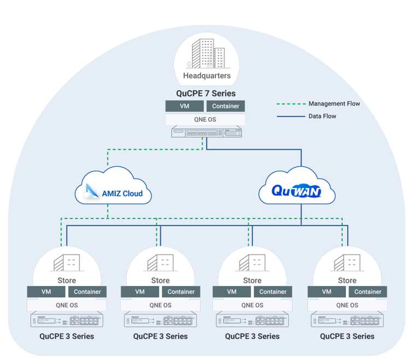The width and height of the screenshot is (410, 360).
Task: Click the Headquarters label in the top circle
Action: point(207,76)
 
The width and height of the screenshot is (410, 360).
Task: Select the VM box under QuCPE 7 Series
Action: point(185,106)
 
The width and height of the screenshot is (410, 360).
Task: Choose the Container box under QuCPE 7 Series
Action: point(226,106)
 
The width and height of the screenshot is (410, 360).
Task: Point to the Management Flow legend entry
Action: point(334,104)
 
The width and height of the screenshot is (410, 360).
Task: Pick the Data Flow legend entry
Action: point(323,116)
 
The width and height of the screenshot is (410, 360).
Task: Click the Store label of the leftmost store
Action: point(67,280)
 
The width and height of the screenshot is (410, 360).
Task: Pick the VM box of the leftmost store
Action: point(46,292)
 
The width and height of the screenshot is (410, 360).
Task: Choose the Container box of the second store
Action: point(181,292)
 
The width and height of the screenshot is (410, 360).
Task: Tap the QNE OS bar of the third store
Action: point(253,305)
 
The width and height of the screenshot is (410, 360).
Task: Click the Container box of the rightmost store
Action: point(368,292)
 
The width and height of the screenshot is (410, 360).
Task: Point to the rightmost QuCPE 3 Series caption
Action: point(347,336)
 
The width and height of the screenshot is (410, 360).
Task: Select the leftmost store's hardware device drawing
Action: point(67,320)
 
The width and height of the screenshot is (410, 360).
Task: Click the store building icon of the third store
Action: point(252,263)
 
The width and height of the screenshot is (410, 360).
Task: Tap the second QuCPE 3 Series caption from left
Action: point(160,336)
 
